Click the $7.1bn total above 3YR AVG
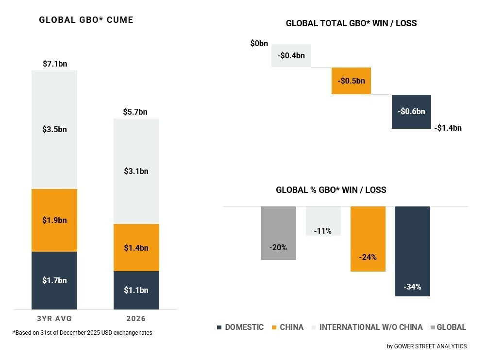54,64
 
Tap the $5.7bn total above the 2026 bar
136,112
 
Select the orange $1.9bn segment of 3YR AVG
54,220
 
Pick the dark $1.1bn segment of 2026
136,290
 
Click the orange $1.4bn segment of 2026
136,248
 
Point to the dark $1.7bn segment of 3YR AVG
54,280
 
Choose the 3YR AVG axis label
54,319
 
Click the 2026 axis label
136,319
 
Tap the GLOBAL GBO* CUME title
86,20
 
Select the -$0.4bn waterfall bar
291,55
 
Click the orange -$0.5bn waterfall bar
351,81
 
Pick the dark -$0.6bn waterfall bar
411,111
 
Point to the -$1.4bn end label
448,128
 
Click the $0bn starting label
259,44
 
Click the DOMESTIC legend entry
240,327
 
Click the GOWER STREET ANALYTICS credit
427,346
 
